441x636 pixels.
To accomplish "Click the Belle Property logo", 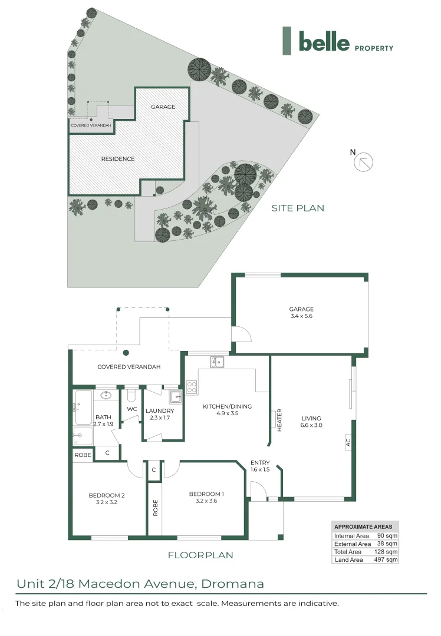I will click(337, 42).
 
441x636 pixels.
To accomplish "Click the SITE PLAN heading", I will click(298, 208).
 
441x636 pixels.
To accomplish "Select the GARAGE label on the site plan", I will click(163, 107).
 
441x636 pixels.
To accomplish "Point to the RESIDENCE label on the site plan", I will click(117, 158).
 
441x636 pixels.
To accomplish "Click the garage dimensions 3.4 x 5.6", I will click(301, 316).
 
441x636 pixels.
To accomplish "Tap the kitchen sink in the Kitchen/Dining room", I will click(216, 362).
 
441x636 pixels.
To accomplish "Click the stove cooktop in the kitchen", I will click(192, 387).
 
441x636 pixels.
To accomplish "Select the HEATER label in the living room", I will click(279, 420).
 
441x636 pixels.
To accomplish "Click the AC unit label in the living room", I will click(348, 442).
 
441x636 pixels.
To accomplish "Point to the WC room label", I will click(132, 409).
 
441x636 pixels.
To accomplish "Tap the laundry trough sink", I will click(175, 395).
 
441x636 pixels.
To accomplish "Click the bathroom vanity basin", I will click(107, 395).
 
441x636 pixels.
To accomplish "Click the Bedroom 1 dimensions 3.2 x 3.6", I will click(206, 501).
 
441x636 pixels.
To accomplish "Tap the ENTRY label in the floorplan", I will click(260, 462).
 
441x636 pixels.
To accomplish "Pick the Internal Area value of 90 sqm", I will click(388, 535).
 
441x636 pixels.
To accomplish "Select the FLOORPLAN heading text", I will click(200, 555).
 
